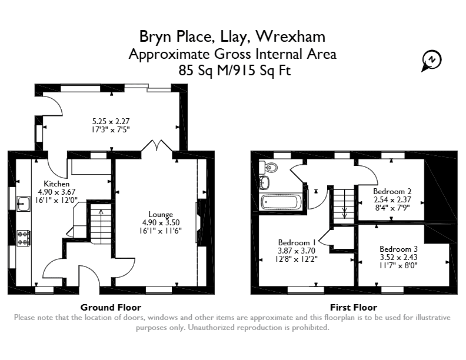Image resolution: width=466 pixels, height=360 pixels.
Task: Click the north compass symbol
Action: (431, 61)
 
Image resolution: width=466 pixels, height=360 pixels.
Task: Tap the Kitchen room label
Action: (56, 184)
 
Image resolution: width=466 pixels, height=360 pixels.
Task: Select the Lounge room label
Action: (161, 214)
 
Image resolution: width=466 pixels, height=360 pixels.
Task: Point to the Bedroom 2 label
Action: (393, 191)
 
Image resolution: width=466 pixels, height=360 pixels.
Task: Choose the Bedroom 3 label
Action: (398, 249)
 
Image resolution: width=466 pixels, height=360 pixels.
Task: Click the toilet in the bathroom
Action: (268, 167)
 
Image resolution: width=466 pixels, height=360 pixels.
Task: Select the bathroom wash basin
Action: (264, 182)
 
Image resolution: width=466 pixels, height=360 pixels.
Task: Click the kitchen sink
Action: (24, 204)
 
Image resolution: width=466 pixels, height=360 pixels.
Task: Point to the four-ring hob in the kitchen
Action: (24, 238)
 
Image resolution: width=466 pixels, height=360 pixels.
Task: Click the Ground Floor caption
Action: (111, 308)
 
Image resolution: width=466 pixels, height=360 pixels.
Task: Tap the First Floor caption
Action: (354, 308)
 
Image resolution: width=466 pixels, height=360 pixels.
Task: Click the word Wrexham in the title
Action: (291, 36)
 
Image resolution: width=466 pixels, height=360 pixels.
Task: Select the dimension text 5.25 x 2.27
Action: (111, 121)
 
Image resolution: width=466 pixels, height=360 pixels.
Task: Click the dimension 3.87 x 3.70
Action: (297, 251)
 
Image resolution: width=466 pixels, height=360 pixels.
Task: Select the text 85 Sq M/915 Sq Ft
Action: (235, 71)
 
